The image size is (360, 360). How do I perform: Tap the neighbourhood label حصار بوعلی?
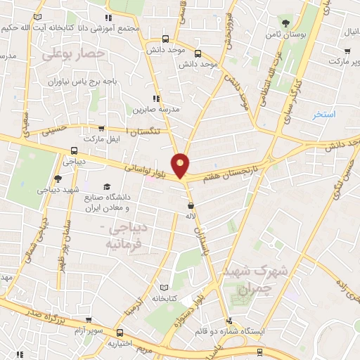[x=73, y=53]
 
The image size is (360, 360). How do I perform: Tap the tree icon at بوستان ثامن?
[x=285, y=22]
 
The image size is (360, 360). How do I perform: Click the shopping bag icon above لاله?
[x=191, y=206]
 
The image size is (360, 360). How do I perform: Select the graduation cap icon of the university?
[x=107, y=186]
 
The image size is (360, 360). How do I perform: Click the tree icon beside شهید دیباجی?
[x=58, y=179]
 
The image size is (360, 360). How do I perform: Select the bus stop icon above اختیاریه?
[x=120, y=332]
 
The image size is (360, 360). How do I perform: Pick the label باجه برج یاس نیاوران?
[x=84, y=82]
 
